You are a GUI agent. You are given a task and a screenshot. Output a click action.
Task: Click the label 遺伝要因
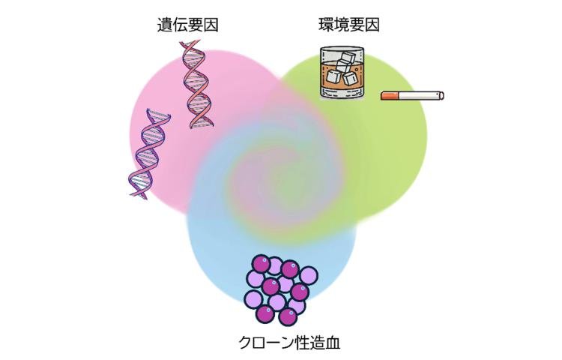point(188,25)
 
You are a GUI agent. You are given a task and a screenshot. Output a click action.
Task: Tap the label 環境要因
point(349,25)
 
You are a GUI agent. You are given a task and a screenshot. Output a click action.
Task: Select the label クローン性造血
point(289,343)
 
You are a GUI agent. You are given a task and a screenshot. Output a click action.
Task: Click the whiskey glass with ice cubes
point(342,73)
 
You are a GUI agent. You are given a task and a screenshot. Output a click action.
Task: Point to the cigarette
point(412,96)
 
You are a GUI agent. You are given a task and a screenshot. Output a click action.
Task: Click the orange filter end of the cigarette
point(390,96)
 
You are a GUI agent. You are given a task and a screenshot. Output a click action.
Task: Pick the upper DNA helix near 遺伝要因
point(196,85)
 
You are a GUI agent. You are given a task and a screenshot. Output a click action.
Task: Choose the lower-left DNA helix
point(149,154)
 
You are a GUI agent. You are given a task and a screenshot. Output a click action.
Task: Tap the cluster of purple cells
point(282,289)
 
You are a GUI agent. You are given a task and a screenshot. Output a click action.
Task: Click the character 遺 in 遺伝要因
point(165,25)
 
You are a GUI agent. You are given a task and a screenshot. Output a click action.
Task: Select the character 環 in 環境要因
point(326,25)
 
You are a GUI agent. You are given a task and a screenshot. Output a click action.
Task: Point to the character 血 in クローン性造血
point(332,343)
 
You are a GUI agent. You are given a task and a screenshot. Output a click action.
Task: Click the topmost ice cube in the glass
point(348,57)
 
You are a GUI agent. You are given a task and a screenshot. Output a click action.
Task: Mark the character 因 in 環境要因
point(372,25)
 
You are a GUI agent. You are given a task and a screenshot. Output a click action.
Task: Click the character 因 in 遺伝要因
point(211,25)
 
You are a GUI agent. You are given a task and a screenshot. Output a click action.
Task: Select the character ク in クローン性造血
point(246,343)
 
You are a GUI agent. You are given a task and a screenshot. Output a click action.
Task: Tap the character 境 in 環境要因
point(342,25)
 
